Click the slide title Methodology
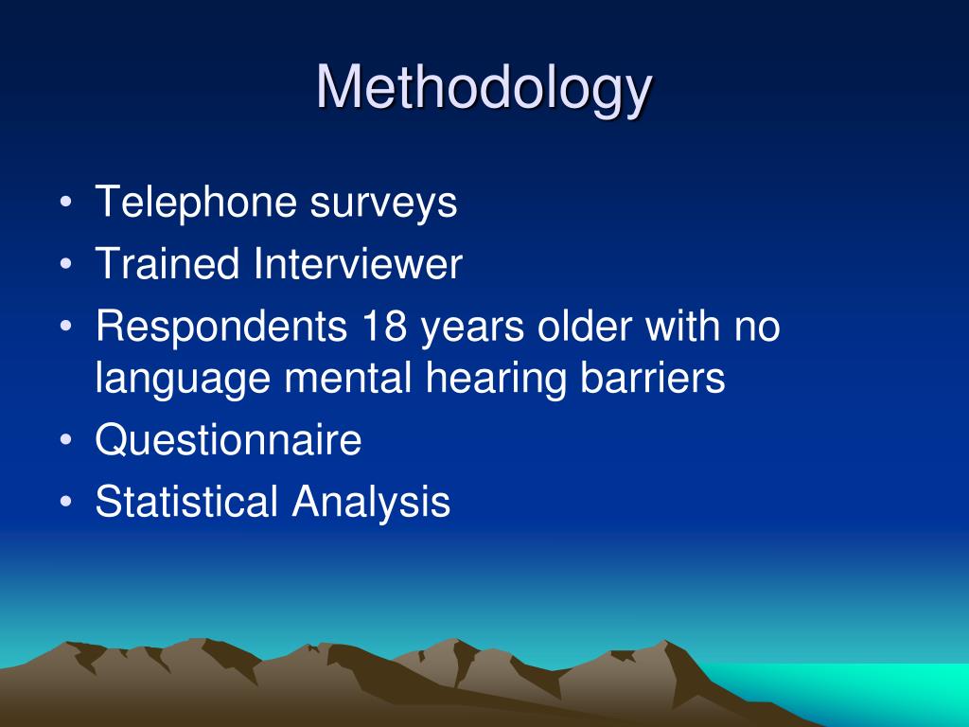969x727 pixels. (x=484, y=89)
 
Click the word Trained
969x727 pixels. (x=167, y=264)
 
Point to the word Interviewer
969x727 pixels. (x=358, y=264)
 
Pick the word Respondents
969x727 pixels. (x=221, y=328)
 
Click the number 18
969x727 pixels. (x=384, y=326)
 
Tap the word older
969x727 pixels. (x=585, y=326)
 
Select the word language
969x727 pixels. (x=183, y=380)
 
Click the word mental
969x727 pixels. (x=348, y=378)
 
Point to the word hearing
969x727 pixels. (x=496, y=380)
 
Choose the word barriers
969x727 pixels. (x=653, y=378)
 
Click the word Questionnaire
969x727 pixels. (x=229, y=439)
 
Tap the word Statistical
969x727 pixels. (x=186, y=502)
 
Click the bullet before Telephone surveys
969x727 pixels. (x=66, y=203)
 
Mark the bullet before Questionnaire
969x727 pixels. (x=66, y=439)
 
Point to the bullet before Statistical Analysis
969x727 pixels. (x=66, y=501)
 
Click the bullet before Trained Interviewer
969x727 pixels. (x=66, y=263)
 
